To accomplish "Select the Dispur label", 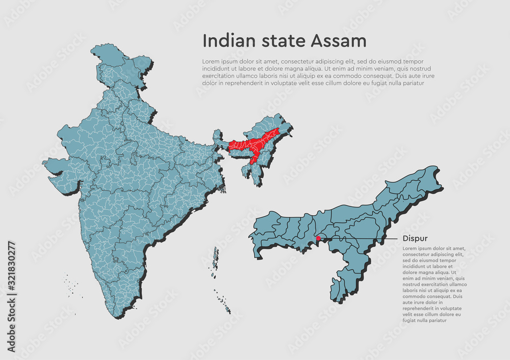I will coord(415,238).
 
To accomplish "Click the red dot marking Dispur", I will coord(318,238).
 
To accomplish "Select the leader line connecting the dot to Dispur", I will coord(357,238).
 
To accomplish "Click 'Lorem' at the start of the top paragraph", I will coord(211,61).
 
